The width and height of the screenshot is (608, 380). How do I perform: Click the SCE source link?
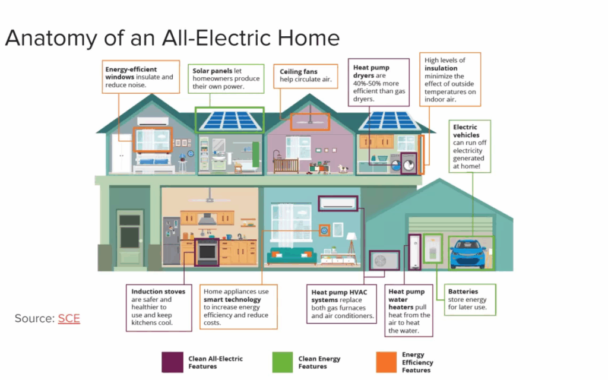pyautogui.click(x=69, y=318)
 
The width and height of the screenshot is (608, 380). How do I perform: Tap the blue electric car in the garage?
pyautogui.click(x=468, y=254)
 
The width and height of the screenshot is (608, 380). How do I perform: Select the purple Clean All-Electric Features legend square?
pyautogui.click(x=173, y=362)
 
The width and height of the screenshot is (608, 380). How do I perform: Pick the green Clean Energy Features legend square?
pyautogui.click(x=282, y=362)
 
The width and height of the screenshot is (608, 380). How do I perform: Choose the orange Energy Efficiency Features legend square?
pyautogui.click(x=386, y=362)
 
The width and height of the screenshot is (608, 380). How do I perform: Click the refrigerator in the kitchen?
pyautogui.click(x=172, y=241)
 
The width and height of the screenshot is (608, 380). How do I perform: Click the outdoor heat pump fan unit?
pyautogui.click(x=384, y=261)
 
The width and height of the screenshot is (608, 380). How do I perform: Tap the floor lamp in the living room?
pyautogui.click(x=351, y=248)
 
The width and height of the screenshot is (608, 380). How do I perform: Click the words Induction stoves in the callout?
pyautogui.click(x=158, y=292)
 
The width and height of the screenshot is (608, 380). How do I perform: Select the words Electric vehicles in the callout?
pyautogui.click(x=466, y=131)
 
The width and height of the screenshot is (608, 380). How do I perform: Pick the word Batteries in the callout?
pyautogui.click(x=463, y=292)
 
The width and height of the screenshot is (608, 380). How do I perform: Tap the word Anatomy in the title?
pyautogui.click(x=52, y=39)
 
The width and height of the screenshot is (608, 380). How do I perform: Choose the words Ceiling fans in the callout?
pyautogui.click(x=299, y=72)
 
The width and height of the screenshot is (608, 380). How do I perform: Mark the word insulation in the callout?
pyautogui.click(x=441, y=68)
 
